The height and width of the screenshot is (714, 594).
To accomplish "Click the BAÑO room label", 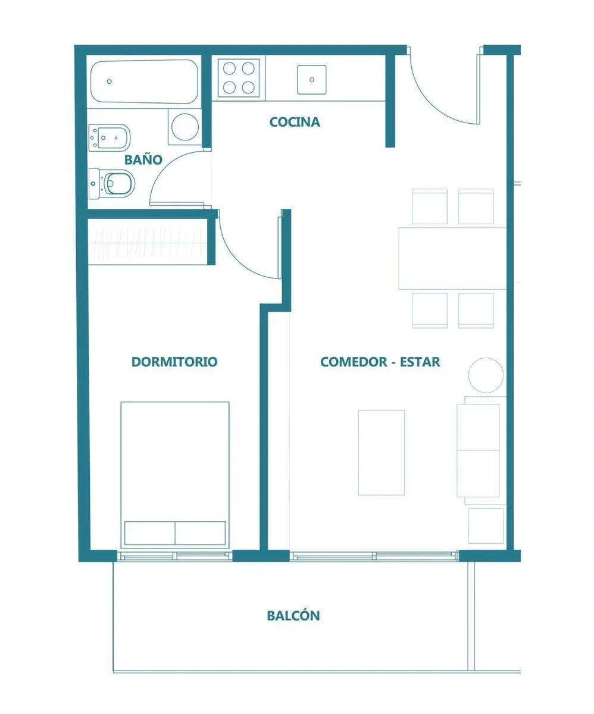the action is point(143,159).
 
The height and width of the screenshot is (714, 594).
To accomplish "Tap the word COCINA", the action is point(295,122).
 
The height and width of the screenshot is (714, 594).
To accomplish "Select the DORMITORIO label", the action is point(174,362).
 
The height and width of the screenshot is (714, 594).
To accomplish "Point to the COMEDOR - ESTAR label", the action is point(380,362).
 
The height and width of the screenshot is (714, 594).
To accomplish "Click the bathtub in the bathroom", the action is point(145,82).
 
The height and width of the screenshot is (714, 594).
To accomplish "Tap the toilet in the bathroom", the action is point(112,183).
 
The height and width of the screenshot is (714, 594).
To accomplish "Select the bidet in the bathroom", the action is point(110,137).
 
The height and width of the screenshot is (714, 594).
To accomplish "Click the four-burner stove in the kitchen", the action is point(239,78).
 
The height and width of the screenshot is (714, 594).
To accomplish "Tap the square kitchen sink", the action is point(312,80).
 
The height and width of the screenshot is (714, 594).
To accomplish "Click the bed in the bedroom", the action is point(175,475).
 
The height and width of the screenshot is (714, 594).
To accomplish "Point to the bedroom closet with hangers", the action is point(148,242).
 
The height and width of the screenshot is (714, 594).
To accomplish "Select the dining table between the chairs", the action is point(452,258).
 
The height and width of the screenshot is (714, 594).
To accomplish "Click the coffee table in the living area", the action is point(382,453).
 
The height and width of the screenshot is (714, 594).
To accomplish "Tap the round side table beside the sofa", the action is point(486,375).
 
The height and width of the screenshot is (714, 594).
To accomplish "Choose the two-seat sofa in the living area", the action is point(482,450).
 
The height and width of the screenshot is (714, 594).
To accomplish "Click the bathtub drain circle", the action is point(110,82).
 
